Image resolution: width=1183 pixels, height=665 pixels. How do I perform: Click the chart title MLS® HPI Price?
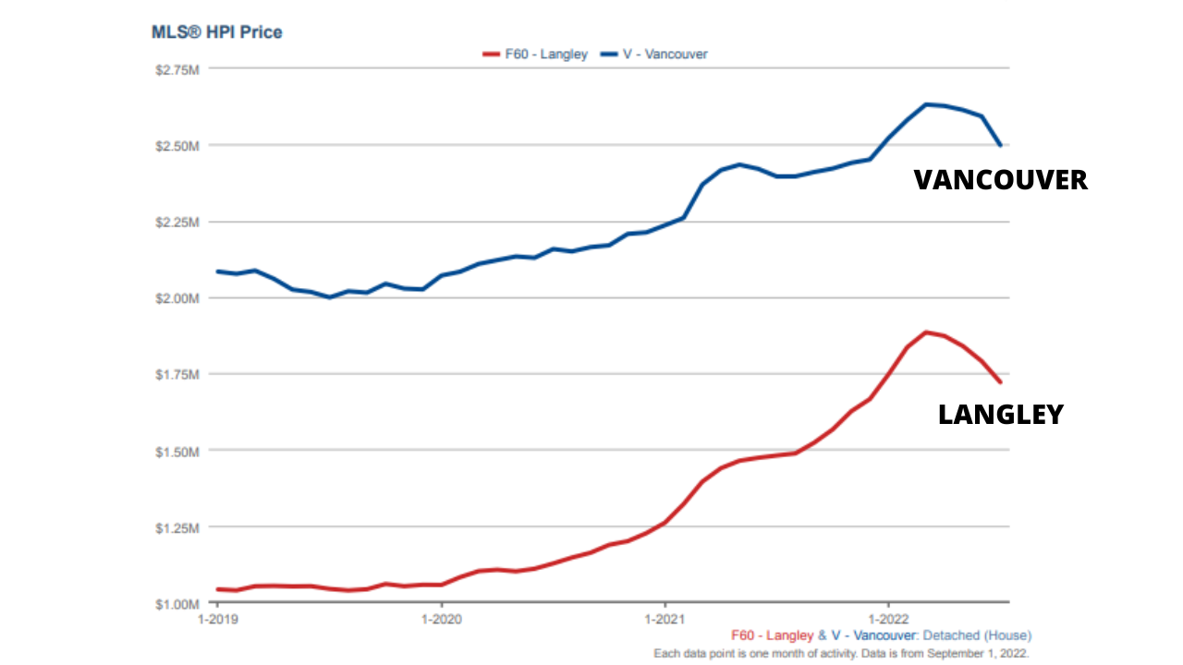[x=217, y=32]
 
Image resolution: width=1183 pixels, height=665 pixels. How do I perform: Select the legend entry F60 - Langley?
[x=535, y=54]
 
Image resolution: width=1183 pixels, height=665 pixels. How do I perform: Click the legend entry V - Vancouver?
[x=653, y=54]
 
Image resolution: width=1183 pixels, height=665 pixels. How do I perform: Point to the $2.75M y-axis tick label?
[x=177, y=70]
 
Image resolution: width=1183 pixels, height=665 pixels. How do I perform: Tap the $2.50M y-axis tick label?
[x=177, y=146]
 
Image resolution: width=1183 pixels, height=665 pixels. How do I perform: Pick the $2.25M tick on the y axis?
[x=177, y=223]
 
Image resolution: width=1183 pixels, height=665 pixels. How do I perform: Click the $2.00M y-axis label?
[x=177, y=298]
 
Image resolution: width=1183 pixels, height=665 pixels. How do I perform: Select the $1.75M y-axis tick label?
[x=177, y=375]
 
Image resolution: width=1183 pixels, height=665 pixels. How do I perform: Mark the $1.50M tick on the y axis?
[x=177, y=452]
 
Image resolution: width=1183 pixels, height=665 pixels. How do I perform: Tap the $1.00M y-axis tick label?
[x=177, y=604]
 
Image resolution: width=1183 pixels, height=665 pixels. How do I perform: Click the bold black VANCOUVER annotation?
[x=1001, y=180]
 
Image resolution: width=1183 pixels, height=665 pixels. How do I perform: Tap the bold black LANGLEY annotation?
[x=1001, y=416]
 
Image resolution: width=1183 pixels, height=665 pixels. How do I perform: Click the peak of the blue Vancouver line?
[x=927, y=104]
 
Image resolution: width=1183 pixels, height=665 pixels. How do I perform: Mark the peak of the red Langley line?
[x=926, y=332]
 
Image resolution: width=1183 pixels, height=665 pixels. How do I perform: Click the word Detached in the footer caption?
[x=949, y=635]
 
